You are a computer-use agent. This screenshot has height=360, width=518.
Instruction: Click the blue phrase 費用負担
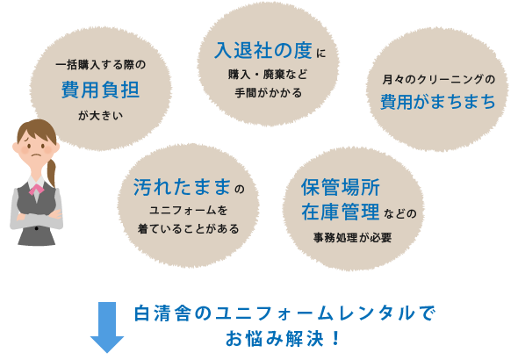tap(100, 90)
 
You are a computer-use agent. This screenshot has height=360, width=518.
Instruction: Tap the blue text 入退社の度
tap(263, 51)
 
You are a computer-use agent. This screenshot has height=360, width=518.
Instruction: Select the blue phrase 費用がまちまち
tap(438, 101)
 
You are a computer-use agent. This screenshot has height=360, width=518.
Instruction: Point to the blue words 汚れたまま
tap(182, 187)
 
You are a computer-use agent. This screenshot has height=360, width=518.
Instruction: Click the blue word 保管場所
tap(341, 187)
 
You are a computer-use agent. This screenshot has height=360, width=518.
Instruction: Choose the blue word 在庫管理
tap(341, 212)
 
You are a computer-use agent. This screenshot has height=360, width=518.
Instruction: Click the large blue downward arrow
tap(107, 328)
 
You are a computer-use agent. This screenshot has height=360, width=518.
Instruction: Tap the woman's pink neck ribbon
tap(36, 190)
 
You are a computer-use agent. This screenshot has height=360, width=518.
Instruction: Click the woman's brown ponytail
tap(51, 172)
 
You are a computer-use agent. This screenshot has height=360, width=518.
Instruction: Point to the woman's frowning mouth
tap(36, 156)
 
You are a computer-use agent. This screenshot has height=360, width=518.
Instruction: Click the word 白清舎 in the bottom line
tap(162, 313)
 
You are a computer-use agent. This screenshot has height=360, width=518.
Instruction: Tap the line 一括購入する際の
tap(101, 65)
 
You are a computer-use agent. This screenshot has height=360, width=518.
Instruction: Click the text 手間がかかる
tap(269, 93)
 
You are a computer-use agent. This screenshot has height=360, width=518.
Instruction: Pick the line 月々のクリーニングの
tap(439, 80)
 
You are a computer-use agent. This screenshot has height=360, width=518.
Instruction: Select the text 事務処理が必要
tap(352, 237)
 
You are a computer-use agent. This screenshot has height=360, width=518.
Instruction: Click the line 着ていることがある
tap(188, 228)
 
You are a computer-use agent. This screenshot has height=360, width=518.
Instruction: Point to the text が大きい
tap(100, 115)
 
